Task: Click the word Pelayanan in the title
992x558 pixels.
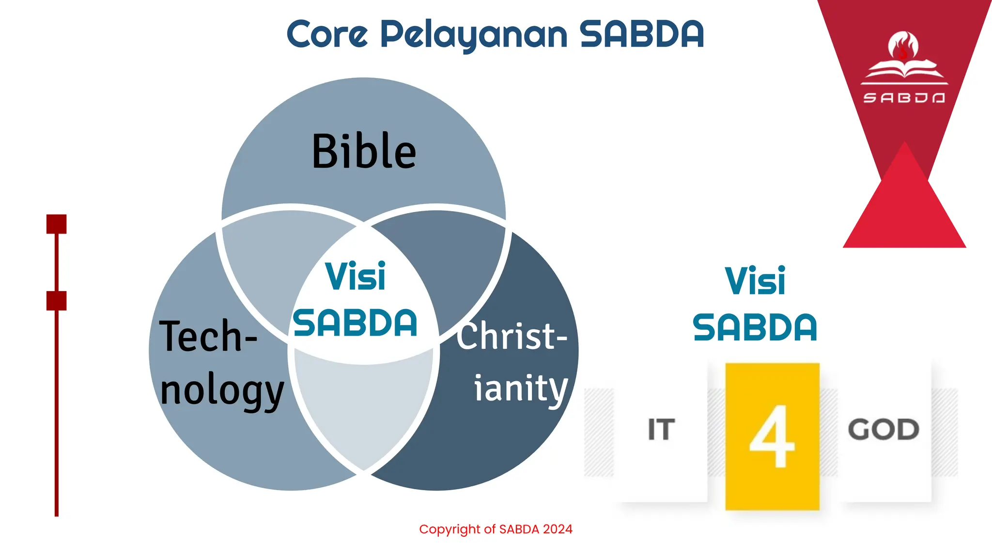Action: tap(473, 35)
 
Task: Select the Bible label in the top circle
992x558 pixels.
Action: tap(364, 151)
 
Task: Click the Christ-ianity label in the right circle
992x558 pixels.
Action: tap(513, 361)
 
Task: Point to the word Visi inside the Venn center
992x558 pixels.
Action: tap(355, 276)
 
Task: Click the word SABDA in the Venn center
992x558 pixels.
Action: tap(355, 323)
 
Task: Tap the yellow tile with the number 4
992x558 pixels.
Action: tap(772, 436)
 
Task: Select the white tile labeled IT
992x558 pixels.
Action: tap(662, 430)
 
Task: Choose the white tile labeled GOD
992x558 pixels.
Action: tap(883, 430)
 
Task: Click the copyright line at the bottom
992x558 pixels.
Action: tap(496, 529)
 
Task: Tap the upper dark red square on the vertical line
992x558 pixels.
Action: tap(56, 224)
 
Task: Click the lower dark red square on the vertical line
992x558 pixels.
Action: tap(56, 301)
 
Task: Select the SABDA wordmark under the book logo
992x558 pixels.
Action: tap(904, 98)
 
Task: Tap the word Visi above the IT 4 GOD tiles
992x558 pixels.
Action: tap(755, 281)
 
